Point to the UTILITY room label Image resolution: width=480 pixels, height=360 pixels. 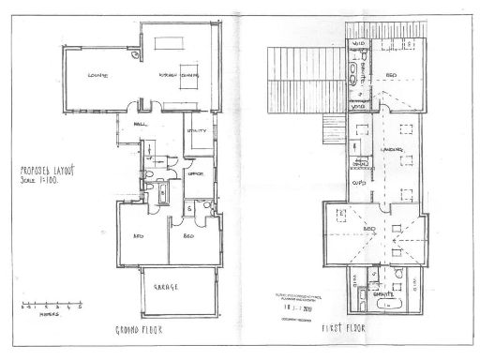[195, 130]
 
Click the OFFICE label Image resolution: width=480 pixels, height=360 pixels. [196, 173]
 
